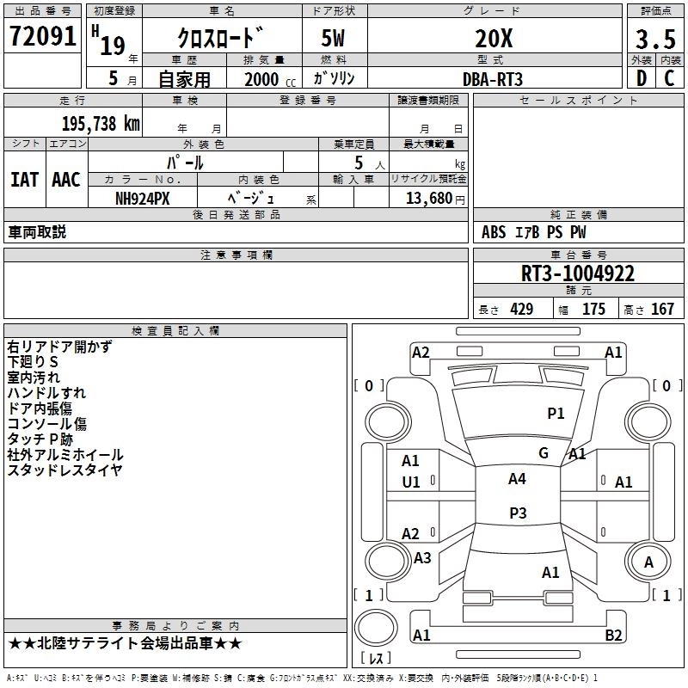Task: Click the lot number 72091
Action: pyautogui.click(x=42, y=36)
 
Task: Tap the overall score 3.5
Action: pyautogui.click(x=655, y=40)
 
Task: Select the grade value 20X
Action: pyautogui.click(x=494, y=39)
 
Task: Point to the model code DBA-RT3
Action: pyautogui.click(x=493, y=79)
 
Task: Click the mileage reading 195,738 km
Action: pyautogui.click(x=101, y=124)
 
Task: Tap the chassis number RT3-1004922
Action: pyautogui.click(x=578, y=273)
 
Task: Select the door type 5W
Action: pyautogui.click(x=333, y=38)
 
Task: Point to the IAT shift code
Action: pyautogui.click(x=25, y=180)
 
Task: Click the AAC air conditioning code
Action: pyautogui.click(x=66, y=180)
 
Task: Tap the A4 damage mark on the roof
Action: pyautogui.click(x=517, y=479)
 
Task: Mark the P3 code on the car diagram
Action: pyautogui.click(x=518, y=513)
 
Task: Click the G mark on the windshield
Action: pyautogui.click(x=544, y=453)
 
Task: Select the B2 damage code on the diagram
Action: pyautogui.click(x=613, y=635)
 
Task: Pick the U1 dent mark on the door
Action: pyautogui.click(x=411, y=482)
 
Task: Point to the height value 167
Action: pyautogui.click(x=662, y=309)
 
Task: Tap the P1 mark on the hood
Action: pyautogui.click(x=556, y=414)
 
